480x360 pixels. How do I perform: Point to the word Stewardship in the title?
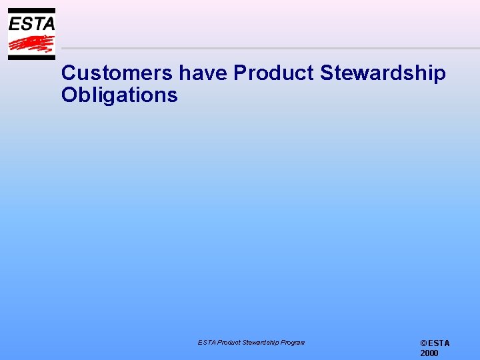pos(383,73)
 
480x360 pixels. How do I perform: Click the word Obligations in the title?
pos(119,95)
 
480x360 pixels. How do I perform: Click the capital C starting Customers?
pos(68,73)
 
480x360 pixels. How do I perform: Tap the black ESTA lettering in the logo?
pos(31,24)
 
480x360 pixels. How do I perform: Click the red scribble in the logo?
pos(31,44)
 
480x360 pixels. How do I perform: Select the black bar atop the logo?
pos(31,11)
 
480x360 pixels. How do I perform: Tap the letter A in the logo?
pos(47,24)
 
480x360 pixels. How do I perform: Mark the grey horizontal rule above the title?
pos(267,48)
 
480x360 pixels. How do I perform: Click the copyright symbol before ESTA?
pos(423,343)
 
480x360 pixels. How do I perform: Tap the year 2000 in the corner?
pos(429,353)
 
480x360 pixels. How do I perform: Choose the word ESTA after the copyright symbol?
pos(439,343)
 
